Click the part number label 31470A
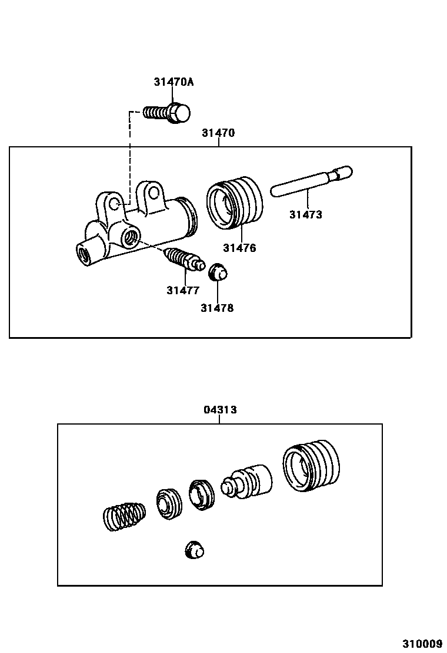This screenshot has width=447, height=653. [x=174, y=82]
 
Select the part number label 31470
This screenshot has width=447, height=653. [x=218, y=133]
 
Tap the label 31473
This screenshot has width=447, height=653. [x=305, y=215]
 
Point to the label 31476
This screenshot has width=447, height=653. [x=239, y=248]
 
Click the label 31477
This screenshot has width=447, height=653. [x=182, y=290]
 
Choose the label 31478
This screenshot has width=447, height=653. [x=216, y=308]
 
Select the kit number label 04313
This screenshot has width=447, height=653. [x=220, y=410]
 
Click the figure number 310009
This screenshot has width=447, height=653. [x=422, y=643]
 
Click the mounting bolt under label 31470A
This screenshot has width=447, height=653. [x=167, y=112]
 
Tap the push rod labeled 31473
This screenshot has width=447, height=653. [x=310, y=181]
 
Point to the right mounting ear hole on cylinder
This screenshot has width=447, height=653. [x=154, y=191]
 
